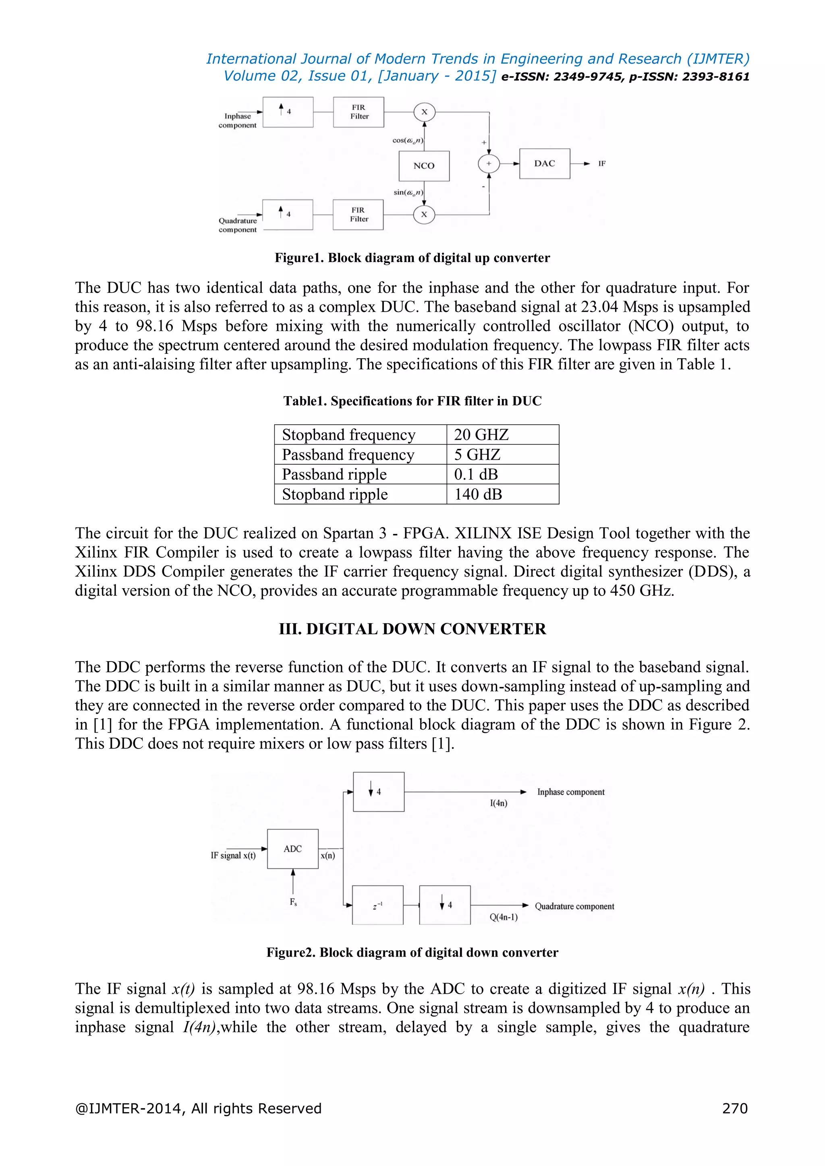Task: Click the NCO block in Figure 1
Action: click(x=424, y=165)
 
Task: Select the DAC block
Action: click(x=544, y=163)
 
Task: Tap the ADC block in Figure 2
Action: click(x=292, y=849)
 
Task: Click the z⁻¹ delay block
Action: click(x=377, y=906)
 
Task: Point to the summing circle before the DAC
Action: click(x=489, y=163)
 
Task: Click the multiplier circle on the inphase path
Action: click(x=424, y=112)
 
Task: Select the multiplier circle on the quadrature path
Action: click(x=424, y=214)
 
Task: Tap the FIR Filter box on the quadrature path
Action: click(x=358, y=214)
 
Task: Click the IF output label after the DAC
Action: click(x=601, y=163)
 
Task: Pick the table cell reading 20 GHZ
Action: click(x=481, y=435)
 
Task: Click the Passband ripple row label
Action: click(x=334, y=474)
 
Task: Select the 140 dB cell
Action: click(x=478, y=494)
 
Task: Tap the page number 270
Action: click(x=735, y=1108)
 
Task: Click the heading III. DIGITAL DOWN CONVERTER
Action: click(x=412, y=629)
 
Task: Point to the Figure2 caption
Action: click(x=412, y=952)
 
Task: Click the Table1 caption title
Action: click(x=412, y=401)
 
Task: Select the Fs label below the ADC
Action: click(x=293, y=902)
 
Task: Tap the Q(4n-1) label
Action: click(x=504, y=917)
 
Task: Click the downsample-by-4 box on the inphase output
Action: click(x=379, y=792)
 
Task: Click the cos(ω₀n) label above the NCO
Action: click(x=407, y=140)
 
